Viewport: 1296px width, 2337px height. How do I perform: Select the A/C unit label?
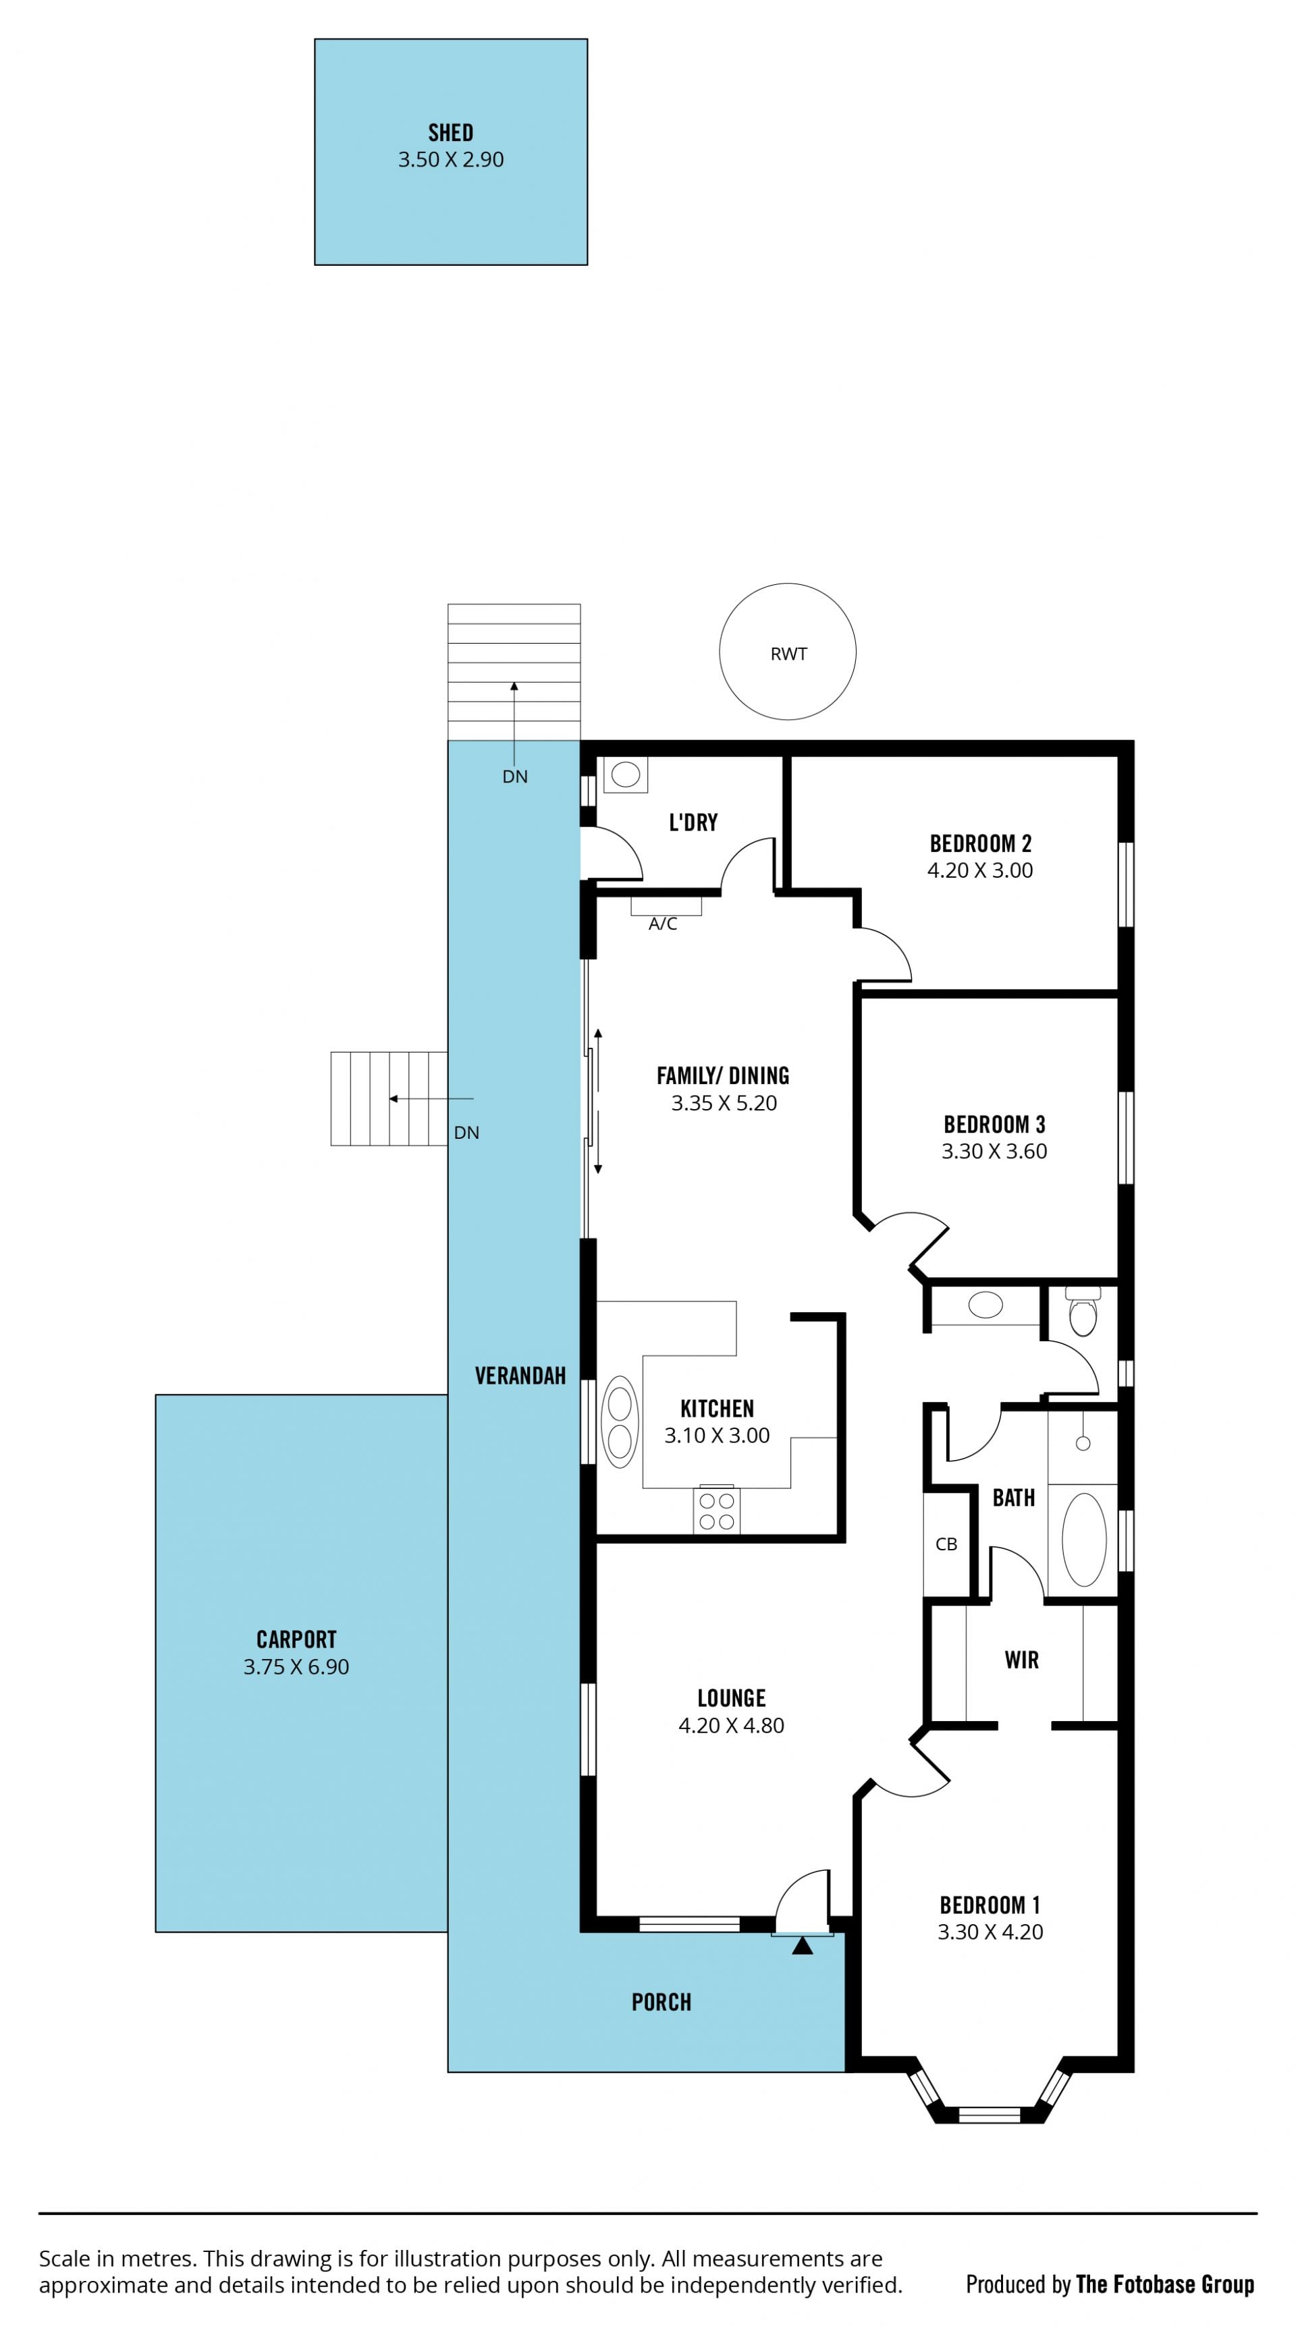[663, 924]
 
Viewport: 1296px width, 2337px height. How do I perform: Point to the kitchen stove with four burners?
[716, 1511]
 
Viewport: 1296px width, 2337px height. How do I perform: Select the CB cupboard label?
[946, 1544]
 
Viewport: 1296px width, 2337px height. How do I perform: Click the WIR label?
[1021, 1660]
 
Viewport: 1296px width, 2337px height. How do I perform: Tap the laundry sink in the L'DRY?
[625, 775]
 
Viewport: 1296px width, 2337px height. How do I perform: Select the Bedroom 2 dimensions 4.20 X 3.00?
[980, 870]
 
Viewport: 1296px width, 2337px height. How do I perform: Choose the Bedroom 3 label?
[995, 1125]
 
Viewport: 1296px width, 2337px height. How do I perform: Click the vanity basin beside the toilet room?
[986, 1305]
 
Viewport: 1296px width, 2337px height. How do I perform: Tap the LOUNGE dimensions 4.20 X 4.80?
[732, 1726]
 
